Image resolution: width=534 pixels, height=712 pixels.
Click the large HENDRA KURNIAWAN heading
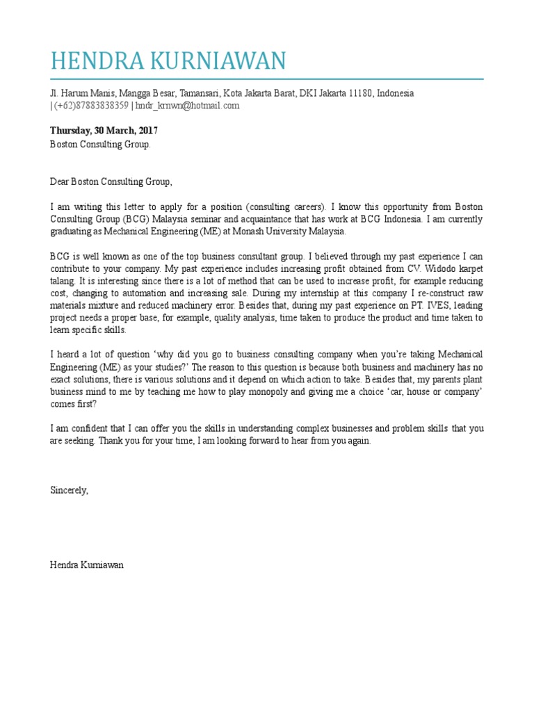(168, 61)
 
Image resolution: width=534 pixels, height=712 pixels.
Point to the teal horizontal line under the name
(266, 79)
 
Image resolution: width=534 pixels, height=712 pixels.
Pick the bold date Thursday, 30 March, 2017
(104, 131)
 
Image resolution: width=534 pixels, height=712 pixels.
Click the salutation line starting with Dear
(110, 182)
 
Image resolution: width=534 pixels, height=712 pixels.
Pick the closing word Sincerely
(70, 490)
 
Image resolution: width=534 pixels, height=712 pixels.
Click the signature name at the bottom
(87, 565)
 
